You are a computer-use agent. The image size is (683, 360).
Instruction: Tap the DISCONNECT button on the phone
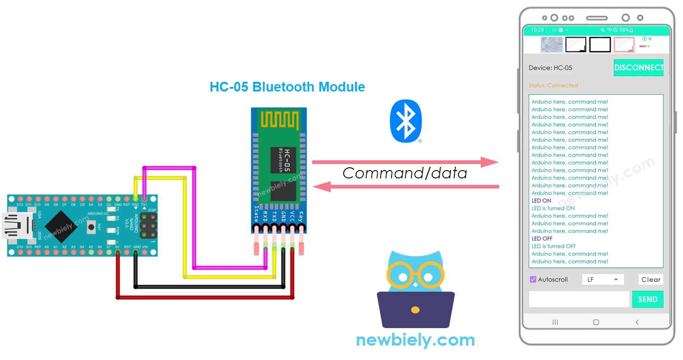(x=638, y=68)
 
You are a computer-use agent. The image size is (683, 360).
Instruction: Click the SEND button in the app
(x=647, y=299)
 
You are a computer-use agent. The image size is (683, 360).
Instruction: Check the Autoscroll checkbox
(x=533, y=280)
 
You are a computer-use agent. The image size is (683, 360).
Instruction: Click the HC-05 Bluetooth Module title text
(x=287, y=87)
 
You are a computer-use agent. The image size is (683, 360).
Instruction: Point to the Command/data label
(x=405, y=173)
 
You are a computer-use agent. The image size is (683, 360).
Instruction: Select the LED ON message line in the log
(x=541, y=201)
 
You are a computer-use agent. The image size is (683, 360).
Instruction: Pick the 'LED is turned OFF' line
(x=554, y=246)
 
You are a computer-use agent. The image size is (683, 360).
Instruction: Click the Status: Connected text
(x=553, y=85)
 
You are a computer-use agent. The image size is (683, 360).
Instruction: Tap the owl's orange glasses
(x=415, y=276)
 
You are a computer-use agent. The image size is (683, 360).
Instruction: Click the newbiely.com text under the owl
(x=415, y=341)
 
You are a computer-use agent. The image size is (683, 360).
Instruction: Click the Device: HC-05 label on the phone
(x=550, y=68)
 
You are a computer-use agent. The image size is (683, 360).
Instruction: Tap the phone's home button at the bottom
(x=596, y=322)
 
